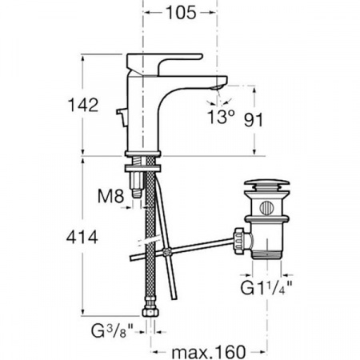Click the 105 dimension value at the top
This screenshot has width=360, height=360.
181,13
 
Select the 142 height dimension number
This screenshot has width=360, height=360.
83,105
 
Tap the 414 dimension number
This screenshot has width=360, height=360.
82,237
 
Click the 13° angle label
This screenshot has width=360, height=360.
221,117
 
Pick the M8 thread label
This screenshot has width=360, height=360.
110,196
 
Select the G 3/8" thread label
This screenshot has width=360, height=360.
112,330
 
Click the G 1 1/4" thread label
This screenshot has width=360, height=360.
266,288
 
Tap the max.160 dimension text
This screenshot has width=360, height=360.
208,352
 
